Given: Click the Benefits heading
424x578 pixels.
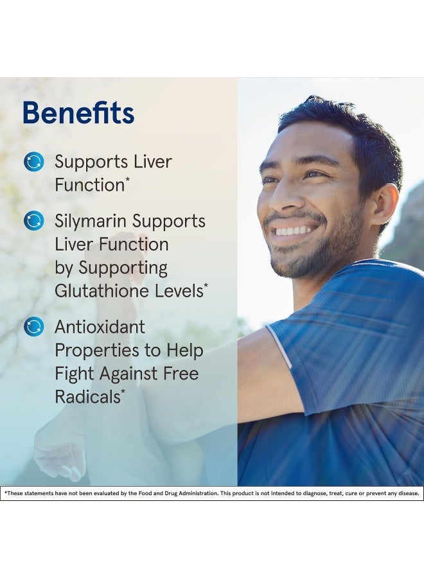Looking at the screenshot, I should tap(78, 112).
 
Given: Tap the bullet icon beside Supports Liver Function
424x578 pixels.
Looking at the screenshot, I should tap(33, 162).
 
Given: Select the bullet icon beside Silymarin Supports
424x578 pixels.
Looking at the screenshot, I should tap(33, 221).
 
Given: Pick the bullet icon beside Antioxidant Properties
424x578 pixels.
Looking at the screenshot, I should tap(33, 327).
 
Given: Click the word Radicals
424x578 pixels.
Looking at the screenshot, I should tap(87, 397).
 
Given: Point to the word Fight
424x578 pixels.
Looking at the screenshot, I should tap(74, 374).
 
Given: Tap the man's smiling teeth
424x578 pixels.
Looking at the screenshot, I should tap(294, 230).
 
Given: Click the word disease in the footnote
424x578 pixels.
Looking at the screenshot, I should tap(408, 493).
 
